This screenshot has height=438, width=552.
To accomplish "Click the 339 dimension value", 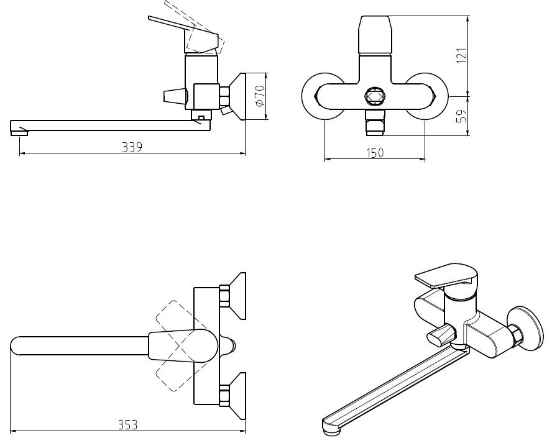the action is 132,147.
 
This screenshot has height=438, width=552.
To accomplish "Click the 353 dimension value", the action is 127,424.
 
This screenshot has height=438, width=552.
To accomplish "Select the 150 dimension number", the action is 375,153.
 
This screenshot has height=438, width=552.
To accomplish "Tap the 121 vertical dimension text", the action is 461,55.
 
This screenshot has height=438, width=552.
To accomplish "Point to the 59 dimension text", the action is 461,116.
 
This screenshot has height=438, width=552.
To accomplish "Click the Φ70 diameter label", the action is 259,96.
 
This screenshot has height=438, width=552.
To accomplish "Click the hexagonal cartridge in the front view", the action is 375,96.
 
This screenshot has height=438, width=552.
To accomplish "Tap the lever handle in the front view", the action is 375,35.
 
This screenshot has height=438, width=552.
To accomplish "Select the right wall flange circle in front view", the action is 426,96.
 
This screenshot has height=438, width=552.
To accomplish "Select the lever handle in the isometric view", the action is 447,276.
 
